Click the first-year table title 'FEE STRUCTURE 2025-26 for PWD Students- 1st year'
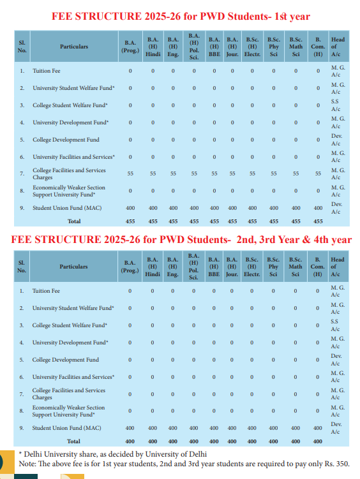[181, 15]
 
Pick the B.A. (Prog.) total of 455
[130, 221]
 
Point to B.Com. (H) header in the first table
[318, 46]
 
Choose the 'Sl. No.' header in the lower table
[22, 266]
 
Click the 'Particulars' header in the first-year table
[74, 46]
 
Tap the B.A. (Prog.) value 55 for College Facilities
[130, 173]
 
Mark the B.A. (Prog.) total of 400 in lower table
[130, 441]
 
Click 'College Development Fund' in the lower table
[66, 360]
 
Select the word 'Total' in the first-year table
[74, 221]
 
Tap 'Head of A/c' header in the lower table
[338, 266]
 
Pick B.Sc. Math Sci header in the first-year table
[296, 46]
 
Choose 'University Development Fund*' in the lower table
[70, 343]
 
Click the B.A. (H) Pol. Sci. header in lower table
[194, 266]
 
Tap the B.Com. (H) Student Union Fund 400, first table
[318, 208]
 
